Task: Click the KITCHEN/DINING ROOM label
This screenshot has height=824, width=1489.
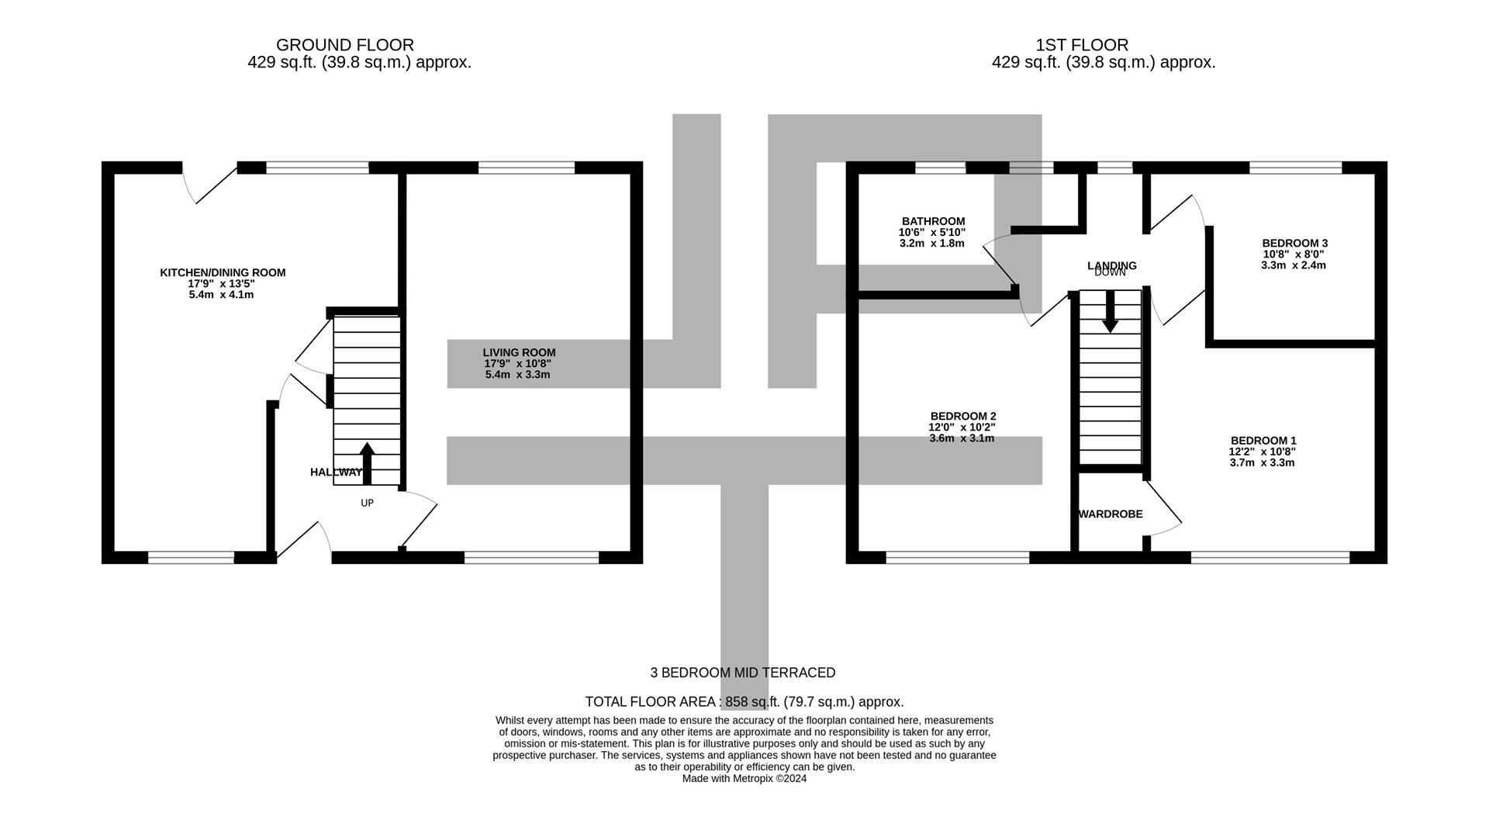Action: tap(223, 272)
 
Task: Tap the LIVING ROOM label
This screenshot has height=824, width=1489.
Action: tap(519, 352)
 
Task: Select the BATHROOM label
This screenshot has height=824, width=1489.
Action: tap(933, 221)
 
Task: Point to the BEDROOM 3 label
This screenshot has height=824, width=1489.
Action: tap(1294, 243)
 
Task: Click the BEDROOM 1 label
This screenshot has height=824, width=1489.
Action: tap(1263, 441)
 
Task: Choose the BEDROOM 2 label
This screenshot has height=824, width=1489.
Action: tap(962, 416)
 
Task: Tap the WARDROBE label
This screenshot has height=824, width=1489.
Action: tap(1111, 514)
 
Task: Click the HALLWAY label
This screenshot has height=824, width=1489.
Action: tap(336, 472)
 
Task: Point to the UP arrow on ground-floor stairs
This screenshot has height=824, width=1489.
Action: tap(367, 463)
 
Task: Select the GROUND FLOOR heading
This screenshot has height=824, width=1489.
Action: tap(345, 45)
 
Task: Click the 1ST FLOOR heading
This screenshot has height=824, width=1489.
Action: tap(1082, 45)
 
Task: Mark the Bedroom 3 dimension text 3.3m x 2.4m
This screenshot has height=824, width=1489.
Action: tap(1294, 265)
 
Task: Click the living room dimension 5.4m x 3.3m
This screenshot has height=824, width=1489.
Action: tap(517, 375)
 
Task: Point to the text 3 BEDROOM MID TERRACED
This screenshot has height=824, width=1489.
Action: tap(743, 673)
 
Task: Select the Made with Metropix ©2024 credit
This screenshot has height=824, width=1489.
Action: tap(744, 778)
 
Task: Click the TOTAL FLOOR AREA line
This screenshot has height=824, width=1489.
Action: tap(744, 701)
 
